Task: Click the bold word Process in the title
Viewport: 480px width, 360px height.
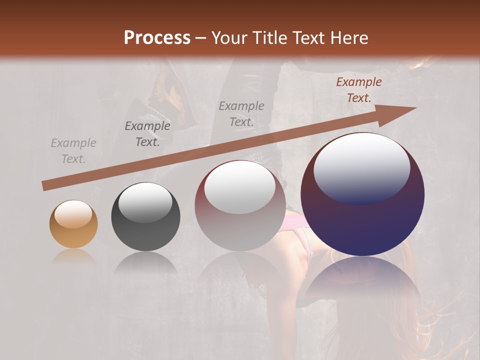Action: (157, 38)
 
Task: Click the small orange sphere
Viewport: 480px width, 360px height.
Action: (73, 224)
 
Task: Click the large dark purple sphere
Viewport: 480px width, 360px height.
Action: (362, 220)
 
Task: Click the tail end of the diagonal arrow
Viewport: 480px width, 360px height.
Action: (44, 186)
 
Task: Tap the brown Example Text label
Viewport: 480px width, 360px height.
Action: (358, 90)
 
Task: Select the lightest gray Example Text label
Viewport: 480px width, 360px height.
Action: (73, 151)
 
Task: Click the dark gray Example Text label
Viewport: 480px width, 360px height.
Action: (147, 133)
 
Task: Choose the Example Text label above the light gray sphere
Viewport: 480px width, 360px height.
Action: (241, 113)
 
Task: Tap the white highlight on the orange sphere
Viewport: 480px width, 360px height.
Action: (73, 214)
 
